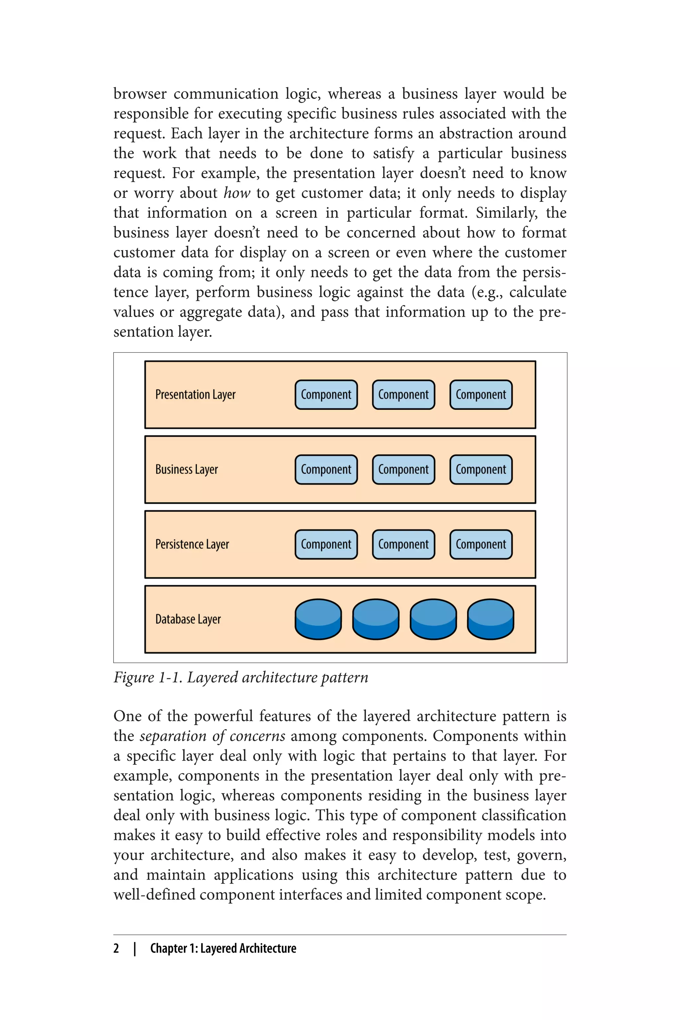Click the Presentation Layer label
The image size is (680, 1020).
195,395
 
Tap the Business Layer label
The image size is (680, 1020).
187,470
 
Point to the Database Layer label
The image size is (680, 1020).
188,619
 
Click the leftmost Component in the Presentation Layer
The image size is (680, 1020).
326,395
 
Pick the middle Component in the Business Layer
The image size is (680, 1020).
403,470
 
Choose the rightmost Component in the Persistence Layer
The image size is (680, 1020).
480,544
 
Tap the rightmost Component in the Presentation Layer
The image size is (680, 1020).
480,395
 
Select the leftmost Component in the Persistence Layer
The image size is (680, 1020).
326,544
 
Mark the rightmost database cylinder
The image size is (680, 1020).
490,619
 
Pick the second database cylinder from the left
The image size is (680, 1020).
376,619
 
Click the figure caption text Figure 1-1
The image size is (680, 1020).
147,677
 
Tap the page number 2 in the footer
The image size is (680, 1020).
116,948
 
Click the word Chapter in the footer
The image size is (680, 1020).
169,948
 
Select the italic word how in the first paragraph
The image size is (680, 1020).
237,193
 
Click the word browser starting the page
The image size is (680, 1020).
140,94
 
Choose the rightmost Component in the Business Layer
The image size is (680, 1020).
480,470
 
